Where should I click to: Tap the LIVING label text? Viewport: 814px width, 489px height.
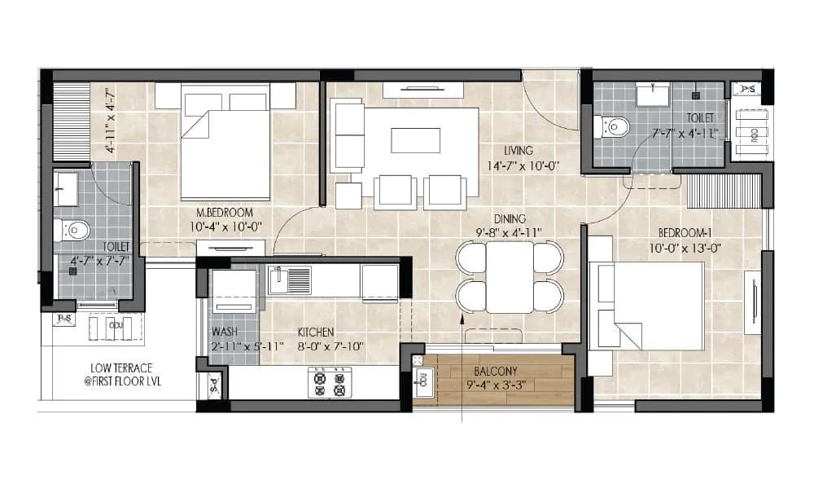tap(518, 151)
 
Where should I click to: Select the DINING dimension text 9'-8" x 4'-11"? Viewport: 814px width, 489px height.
tap(510, 233)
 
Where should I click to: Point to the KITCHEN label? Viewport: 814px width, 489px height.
tap(317, 333)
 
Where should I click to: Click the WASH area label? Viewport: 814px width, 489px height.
tap(225, 333)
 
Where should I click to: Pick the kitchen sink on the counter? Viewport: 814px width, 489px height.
tap(289, 280)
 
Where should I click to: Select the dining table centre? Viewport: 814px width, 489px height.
tap(510, 276)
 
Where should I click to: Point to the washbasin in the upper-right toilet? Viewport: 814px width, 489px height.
tap(652, 95)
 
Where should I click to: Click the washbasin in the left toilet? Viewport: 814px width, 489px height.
tap(65, 188)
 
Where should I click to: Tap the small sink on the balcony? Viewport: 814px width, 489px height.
tap(423, 377)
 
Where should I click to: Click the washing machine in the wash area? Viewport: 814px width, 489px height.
tap(234, 289)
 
